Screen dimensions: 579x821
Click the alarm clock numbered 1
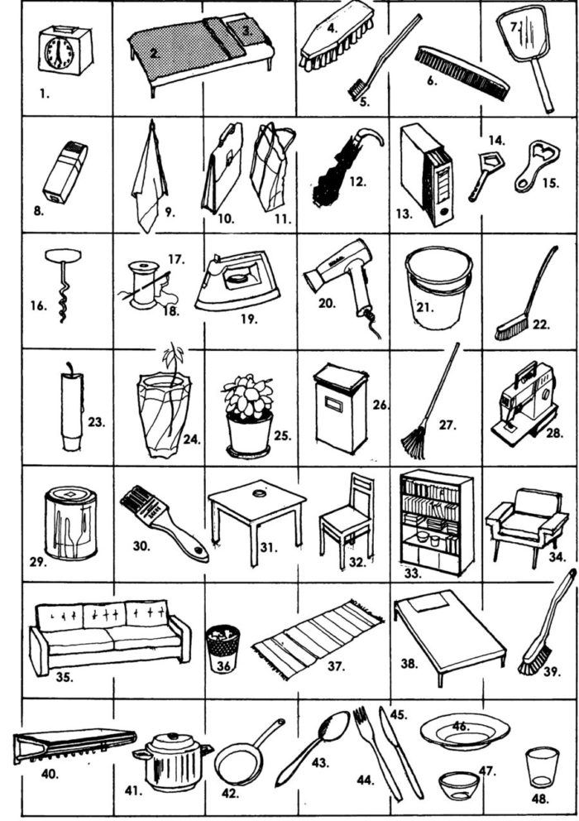(x=65, y=50)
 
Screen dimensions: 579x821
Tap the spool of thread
(x=143, y=286)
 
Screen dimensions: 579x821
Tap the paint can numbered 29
(x=70, y=523)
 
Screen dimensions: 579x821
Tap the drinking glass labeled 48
(x=543, y=767)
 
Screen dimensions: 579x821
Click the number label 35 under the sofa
(x=64, y=677)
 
